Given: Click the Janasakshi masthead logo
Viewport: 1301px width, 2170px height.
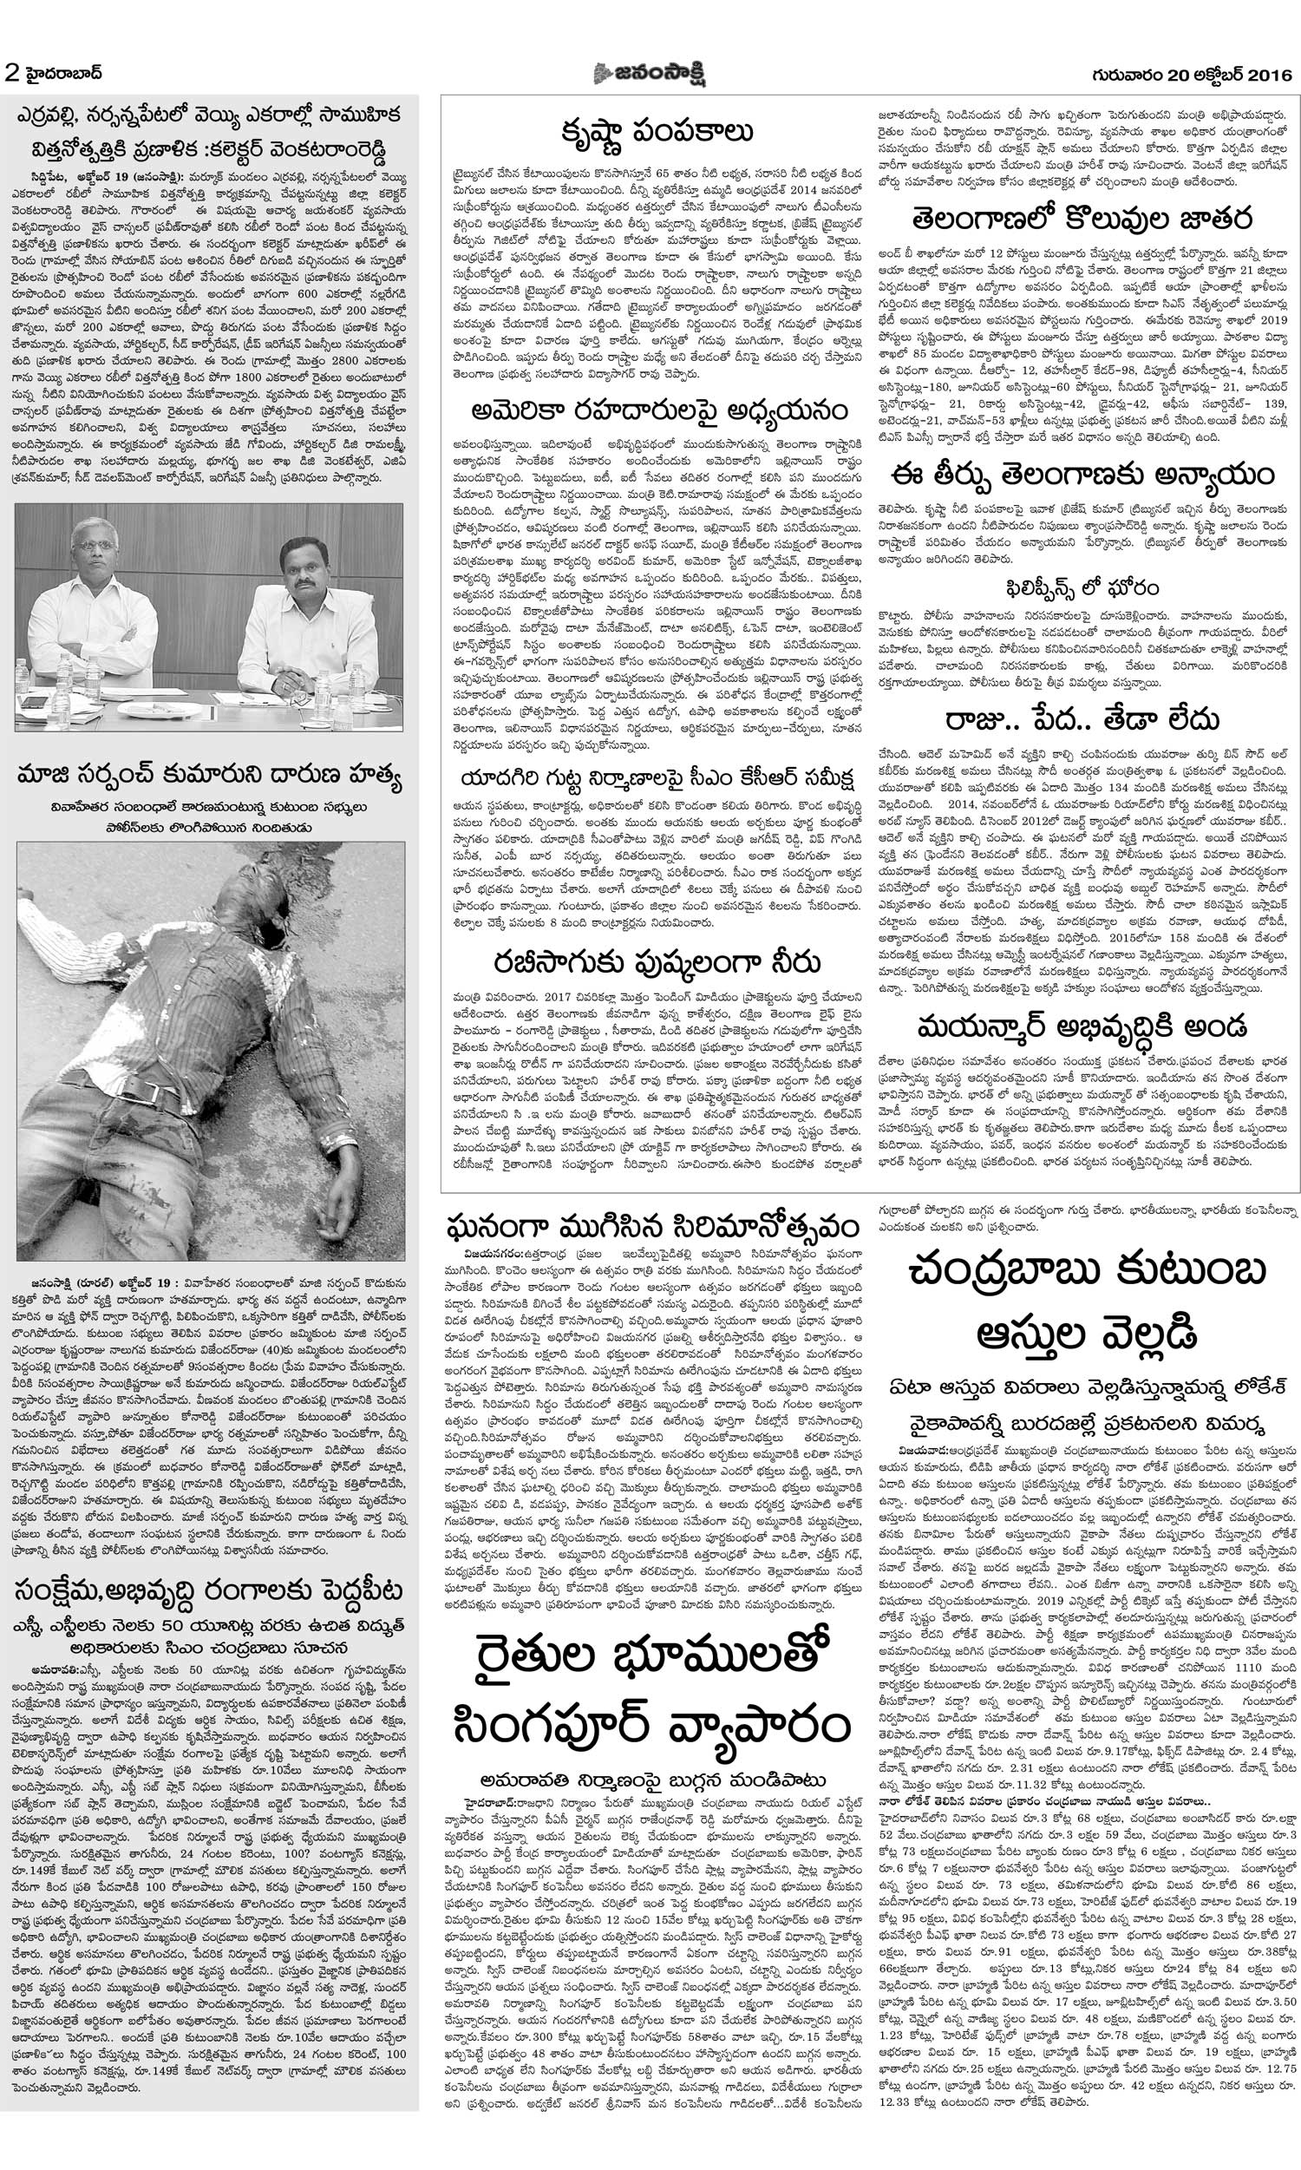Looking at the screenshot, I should click(x=650, y=74).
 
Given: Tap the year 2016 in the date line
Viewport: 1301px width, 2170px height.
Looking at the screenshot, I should click(x=1267, y=75).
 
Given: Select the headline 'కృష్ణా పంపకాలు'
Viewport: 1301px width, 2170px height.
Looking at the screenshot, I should click(x=657, y=132).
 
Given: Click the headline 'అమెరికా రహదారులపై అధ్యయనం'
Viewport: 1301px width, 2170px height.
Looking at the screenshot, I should click(x=658, y=410).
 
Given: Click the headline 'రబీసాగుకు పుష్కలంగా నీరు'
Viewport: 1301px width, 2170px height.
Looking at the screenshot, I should click(x=657, y=962).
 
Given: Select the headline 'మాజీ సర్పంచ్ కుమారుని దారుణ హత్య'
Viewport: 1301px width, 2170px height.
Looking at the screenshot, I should click(x=210, y=774).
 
